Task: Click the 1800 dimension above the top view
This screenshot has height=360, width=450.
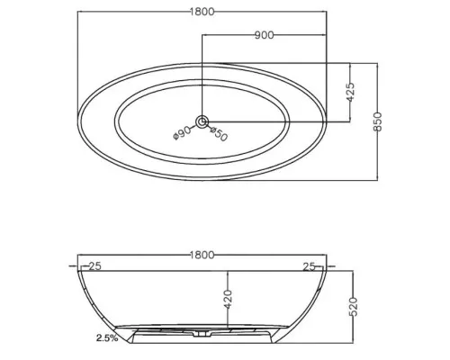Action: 202,12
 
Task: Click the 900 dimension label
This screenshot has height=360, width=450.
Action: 265,35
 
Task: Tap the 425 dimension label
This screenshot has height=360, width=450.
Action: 350,92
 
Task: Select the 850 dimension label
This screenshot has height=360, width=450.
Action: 378,121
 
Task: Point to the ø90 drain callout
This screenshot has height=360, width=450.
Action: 182,132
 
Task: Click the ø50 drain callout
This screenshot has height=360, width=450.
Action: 219,134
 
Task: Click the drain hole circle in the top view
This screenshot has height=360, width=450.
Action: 202,121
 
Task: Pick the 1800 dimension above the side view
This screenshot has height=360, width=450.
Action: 202,255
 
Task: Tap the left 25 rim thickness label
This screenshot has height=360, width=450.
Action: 95,266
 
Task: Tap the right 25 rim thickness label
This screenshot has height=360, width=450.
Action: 309,266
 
